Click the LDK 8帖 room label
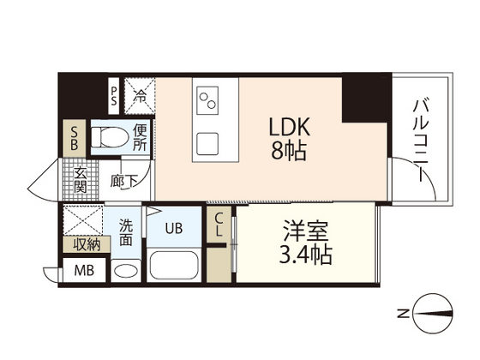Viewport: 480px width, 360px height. click(288, 139)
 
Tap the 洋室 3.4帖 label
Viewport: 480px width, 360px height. click(306, 243)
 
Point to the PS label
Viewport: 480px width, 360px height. click(113, 93)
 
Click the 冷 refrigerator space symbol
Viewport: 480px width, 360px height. click(139, 93)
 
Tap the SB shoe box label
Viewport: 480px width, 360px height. click(75, 140)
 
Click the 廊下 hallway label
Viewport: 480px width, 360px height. click(123, 182)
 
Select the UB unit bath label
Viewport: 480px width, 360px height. click(174, 229)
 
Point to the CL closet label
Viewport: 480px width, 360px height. click(219, 225)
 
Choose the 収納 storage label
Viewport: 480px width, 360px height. click(81, 244)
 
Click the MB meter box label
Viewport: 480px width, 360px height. click(84, 272)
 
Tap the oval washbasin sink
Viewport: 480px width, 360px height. click(126, 271)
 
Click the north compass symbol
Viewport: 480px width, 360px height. click(434, 311)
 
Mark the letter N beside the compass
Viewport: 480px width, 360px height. click(404, 311)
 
